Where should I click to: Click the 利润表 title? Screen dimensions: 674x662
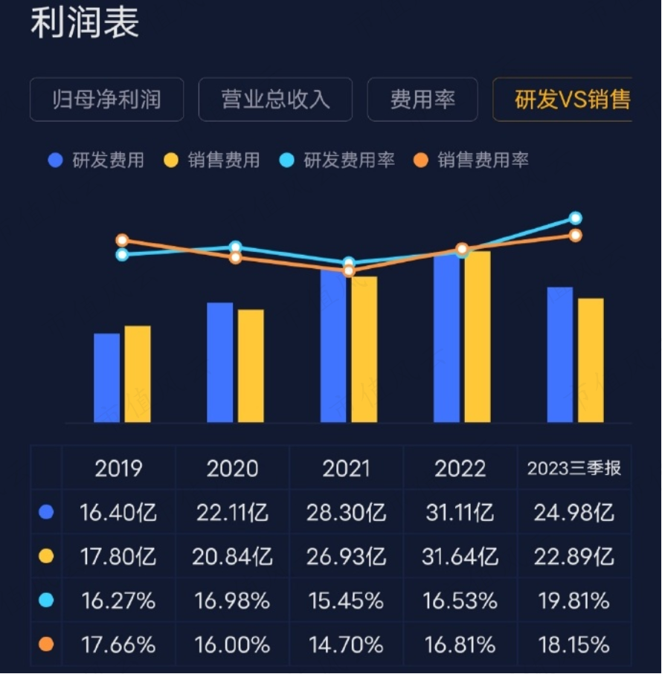pyautogui.click(x=84, y=23)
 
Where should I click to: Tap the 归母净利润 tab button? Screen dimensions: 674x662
pyautogui.click(x=106, y=100)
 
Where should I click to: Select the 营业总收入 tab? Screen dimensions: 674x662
pyautogui.click(x=275, y=100)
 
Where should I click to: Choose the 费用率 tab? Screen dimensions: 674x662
pyautogui.click(x=422, y=100)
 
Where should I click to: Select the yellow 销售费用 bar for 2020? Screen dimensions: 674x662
pyautogui.click(x=251, y=366)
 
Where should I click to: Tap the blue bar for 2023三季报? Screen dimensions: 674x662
pyautogui.click(x=560, y=354)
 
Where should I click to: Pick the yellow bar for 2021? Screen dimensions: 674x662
pyautogui.click(x=364, y=349)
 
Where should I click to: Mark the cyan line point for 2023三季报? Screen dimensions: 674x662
pyautogui.click(x=575, y=218)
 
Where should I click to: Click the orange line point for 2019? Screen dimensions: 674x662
pyautogui.click(x=123, y=241)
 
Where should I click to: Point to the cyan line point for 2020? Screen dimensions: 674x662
pyautogui.click(x=236, y=247)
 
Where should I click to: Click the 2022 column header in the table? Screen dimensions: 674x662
pyautogui.click(x=460, y=469)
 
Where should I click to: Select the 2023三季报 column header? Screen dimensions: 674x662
pyautogui.click(x=573, y=469)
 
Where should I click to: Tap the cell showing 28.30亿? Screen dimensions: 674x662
pyautogui.click(x=347, y=513)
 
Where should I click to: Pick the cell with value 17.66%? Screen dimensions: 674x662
pyautogui.click(x=119, y=644)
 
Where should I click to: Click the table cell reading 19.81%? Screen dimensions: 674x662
pyautogui.click(x=573, y=600)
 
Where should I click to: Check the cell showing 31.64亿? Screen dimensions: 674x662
pyautogui.click(x=460, y=557)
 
